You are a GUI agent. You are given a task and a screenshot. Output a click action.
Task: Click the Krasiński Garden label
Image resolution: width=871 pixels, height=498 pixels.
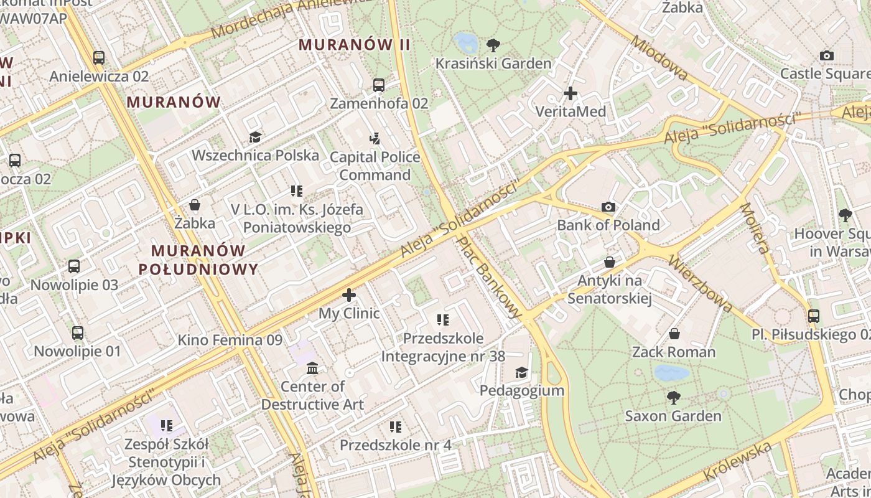(493, 63)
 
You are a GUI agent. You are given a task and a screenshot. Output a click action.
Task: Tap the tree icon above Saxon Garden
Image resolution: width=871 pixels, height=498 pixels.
(673, 397)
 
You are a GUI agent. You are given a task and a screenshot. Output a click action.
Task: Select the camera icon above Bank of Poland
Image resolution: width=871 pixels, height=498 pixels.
(608, 207)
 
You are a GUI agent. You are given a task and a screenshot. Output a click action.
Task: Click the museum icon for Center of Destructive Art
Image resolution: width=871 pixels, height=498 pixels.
(312, 369)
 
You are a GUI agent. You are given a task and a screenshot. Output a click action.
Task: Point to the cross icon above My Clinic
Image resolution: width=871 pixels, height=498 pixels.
(349, 295)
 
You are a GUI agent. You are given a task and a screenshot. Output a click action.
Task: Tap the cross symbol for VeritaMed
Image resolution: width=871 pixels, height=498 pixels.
(571, 94)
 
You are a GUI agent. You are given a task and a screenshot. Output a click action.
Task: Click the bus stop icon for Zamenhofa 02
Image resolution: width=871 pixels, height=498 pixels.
(379, 85)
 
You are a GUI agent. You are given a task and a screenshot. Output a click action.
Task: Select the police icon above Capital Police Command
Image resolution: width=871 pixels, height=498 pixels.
(375, 139)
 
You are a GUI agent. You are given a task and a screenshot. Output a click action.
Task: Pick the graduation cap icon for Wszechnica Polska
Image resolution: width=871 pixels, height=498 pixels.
(255, 137)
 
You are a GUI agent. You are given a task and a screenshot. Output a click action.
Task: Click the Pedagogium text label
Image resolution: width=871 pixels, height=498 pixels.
(522, 390)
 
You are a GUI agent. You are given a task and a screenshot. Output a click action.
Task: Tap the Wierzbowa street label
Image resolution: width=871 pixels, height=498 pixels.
(700, 283)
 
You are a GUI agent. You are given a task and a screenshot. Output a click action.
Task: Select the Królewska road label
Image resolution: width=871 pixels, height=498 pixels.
(738, 461)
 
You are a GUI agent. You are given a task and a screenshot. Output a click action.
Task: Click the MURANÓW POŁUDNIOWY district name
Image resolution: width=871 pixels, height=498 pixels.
(198, 260)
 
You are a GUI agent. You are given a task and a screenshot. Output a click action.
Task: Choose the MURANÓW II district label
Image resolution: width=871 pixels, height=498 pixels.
(355, 45)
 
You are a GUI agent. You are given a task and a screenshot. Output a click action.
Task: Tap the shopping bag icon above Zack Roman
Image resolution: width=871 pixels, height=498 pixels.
(674, 334)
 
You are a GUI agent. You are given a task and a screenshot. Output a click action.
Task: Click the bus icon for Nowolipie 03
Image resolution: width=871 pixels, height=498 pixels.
(74, 266)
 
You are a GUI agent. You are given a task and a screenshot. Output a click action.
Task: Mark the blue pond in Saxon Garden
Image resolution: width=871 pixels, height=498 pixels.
(671, 373)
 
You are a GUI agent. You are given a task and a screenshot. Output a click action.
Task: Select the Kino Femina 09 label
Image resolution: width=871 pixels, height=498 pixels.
(230, 340)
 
